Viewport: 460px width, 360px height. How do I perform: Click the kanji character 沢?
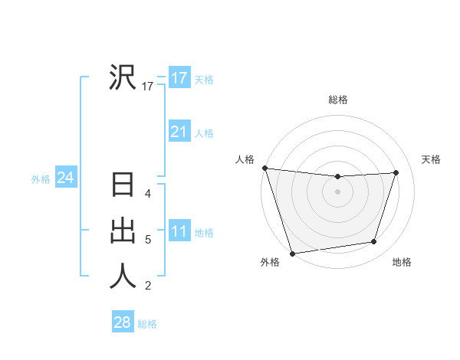[x=123, y=77]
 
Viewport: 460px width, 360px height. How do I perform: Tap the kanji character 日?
[x=123, y=187]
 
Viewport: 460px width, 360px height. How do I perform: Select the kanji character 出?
[x=123, y=231]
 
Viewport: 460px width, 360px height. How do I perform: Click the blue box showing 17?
[x=179, y=78]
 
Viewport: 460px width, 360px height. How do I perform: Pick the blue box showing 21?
[x=179, y=132]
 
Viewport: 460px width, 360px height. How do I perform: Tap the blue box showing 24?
[x=66, y=178]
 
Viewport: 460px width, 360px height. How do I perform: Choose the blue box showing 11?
[x=179, y=231]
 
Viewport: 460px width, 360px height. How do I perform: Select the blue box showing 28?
[x=123, y=322]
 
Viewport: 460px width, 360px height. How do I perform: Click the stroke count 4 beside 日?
[x=148, y=195]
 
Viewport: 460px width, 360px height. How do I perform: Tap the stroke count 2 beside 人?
[x=148, y=286]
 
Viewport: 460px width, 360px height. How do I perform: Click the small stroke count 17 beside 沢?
[x=148, y=87]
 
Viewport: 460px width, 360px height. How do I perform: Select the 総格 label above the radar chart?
[x=338, y=100]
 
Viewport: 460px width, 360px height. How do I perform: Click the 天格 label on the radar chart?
[x=432, y=159]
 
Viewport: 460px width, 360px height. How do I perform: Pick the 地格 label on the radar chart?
[x=402, y=262]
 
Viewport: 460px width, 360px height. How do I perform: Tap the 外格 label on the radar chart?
[x=270, y=262]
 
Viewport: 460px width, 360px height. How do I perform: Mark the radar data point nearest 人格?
[x=264, y=168]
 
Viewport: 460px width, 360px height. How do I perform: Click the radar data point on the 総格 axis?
[x=338, y=177]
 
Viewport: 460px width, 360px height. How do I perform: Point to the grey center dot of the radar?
[x=338, y=191]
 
